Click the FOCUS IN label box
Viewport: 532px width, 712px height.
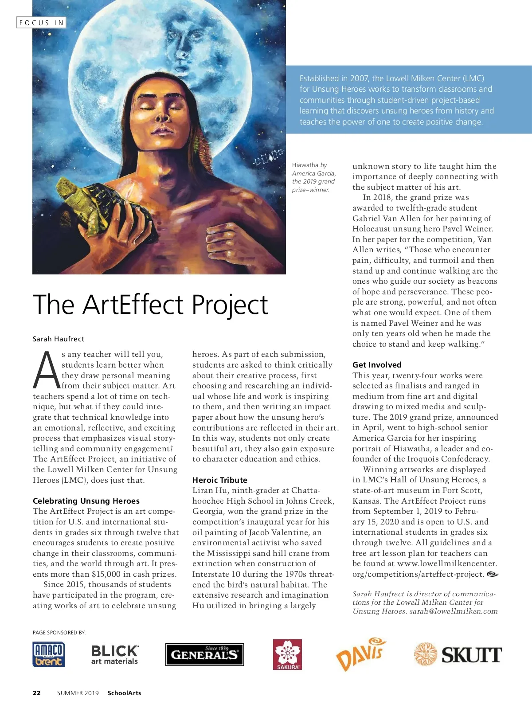(x=41, y=23)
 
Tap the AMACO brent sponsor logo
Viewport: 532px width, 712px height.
(x=49, y=654)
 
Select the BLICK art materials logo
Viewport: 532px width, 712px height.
(x=114, y=655)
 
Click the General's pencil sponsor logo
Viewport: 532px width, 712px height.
(x=204, y=654)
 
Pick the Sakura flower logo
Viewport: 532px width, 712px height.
(x=287, y=654)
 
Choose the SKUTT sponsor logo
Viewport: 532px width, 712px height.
(x=458, y=654)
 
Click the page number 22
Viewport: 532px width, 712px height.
(x=37, y=693)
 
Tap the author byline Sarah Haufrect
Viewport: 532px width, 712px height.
(x=58, y=339)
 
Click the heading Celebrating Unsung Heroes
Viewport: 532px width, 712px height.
(x=86, y=501)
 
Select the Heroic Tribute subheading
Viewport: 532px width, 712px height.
(x=219, y=480)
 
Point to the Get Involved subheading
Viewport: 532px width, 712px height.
(x=377, y=365)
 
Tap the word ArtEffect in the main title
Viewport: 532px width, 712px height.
(x=133, y=305)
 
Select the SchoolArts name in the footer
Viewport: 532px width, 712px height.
(x=124, y=693)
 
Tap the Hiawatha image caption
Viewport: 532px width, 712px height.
(x=313, y=177)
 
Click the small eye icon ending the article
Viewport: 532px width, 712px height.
(x=492, y=575)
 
